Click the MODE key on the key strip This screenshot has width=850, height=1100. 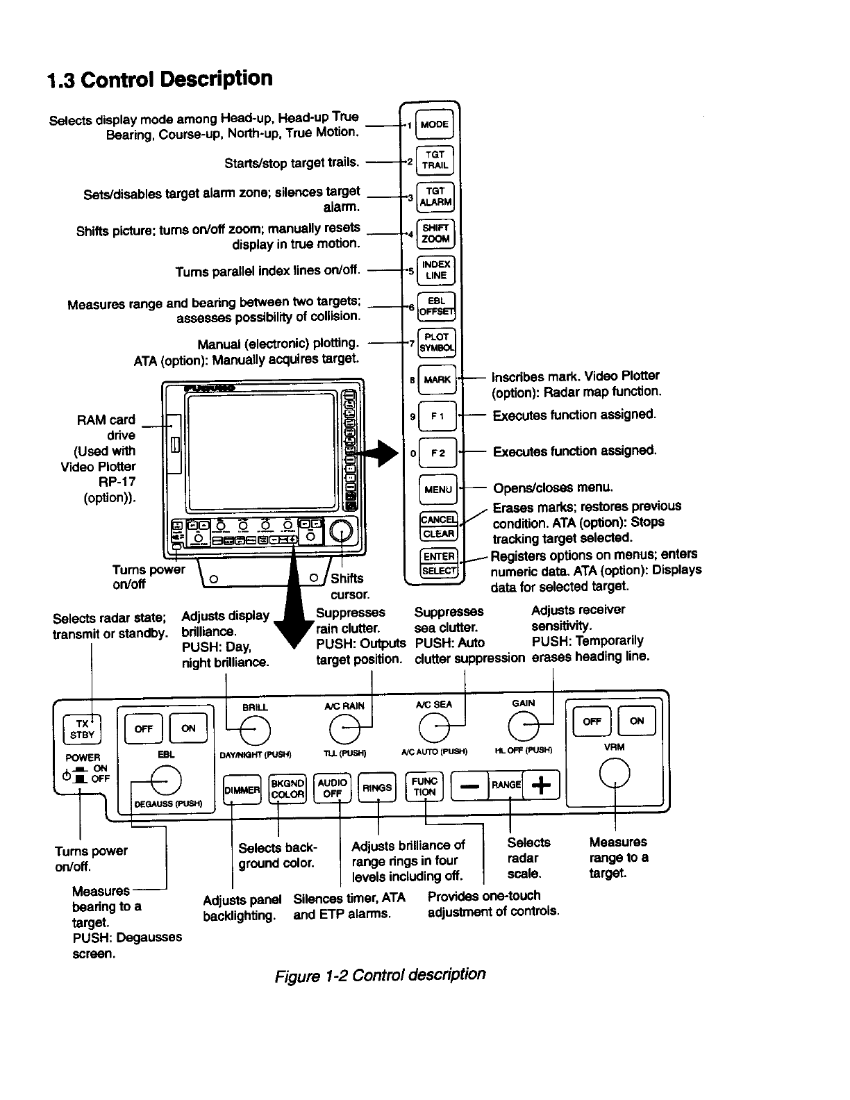[x=435, y=125]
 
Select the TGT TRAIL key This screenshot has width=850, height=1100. [x=435, y=161]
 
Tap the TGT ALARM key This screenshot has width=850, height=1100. [x=435, y=197]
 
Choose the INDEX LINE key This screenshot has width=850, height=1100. [x=436, y=270]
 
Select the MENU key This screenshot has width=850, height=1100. [x=437, y=490]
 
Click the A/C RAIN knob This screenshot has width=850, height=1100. [x=344, y=729]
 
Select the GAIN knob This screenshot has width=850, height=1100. [x=524, y=726]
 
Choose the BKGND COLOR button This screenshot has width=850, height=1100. [x=287, y=788]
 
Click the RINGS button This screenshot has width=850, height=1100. [x=377, y=787]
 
